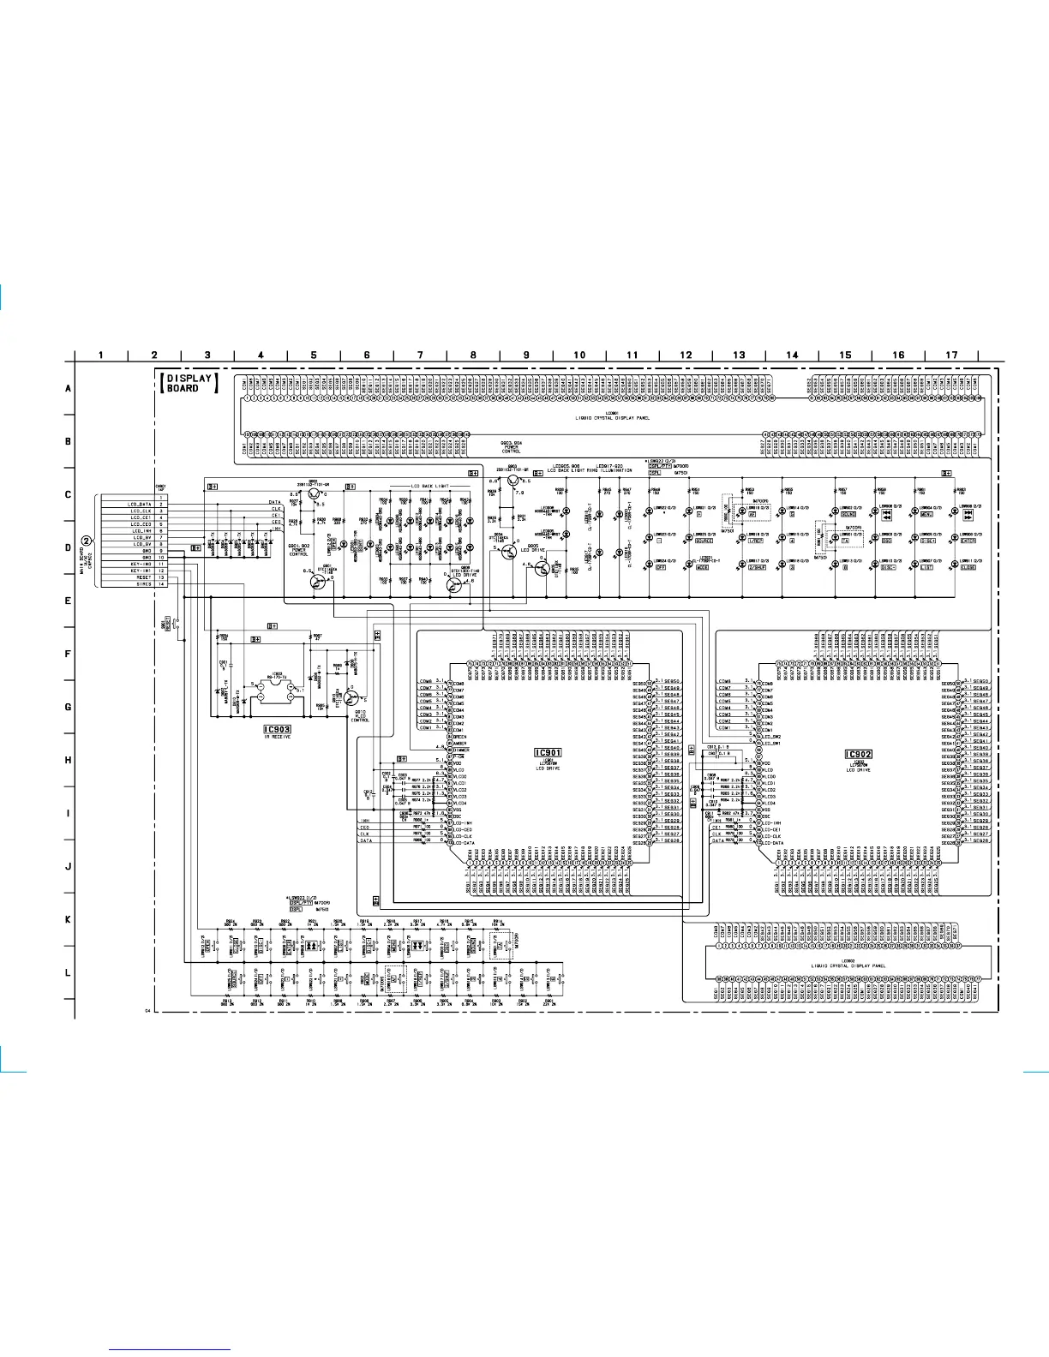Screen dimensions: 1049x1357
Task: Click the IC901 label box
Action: tap(548, 753)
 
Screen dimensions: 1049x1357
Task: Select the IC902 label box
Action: tap(858, 754)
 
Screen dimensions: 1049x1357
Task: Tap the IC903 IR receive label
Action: tap(278, 730)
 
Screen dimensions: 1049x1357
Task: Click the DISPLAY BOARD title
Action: tap(189, 383)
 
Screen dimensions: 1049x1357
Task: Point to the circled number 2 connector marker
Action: tap(87, 541)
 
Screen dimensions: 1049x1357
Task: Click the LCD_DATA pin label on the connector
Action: tap(140, 505)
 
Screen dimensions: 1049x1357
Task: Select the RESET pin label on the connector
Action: tap(142, 577)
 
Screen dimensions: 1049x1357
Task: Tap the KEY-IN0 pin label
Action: tap(141, 564)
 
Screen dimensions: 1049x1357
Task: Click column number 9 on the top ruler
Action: tap(526, 355)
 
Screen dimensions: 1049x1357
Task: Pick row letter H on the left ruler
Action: tap(69, 760)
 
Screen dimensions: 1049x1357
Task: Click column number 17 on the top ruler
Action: tap(951, 355)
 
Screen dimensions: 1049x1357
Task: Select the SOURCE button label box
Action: tap(704, 541)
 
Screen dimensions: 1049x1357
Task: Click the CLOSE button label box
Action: tap(968, 567)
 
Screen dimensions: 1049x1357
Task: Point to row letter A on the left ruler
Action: tap(69, 388)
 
